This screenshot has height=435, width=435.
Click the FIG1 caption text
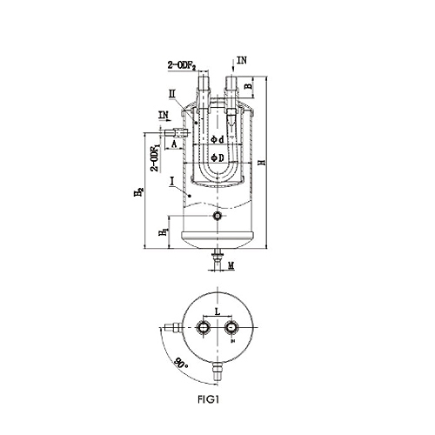(208, 399)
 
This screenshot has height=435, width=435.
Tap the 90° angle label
(182, 364)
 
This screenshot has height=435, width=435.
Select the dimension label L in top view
(217, 311)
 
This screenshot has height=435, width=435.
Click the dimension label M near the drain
(231, 265)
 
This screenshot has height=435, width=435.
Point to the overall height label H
(263, 163)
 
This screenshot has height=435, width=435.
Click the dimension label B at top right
(248, 86)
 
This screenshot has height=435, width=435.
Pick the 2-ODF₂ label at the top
(182, 66)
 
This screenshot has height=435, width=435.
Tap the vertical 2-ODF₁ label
(156, 158)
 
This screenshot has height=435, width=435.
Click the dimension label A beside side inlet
(174, 144)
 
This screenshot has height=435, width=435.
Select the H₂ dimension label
(139, 192)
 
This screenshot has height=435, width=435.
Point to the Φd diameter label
(217, 140)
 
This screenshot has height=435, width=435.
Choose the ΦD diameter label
(217, 157)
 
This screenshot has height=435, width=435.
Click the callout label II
(172, 93)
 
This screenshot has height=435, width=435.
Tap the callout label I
(172, 182)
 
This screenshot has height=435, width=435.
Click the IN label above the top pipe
(242, 60)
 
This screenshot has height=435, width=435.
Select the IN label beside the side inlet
(164, 115)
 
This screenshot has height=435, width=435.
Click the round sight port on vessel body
(217, 216)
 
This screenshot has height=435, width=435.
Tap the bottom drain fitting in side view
(217, 258)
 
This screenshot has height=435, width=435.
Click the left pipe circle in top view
(203, 327)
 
